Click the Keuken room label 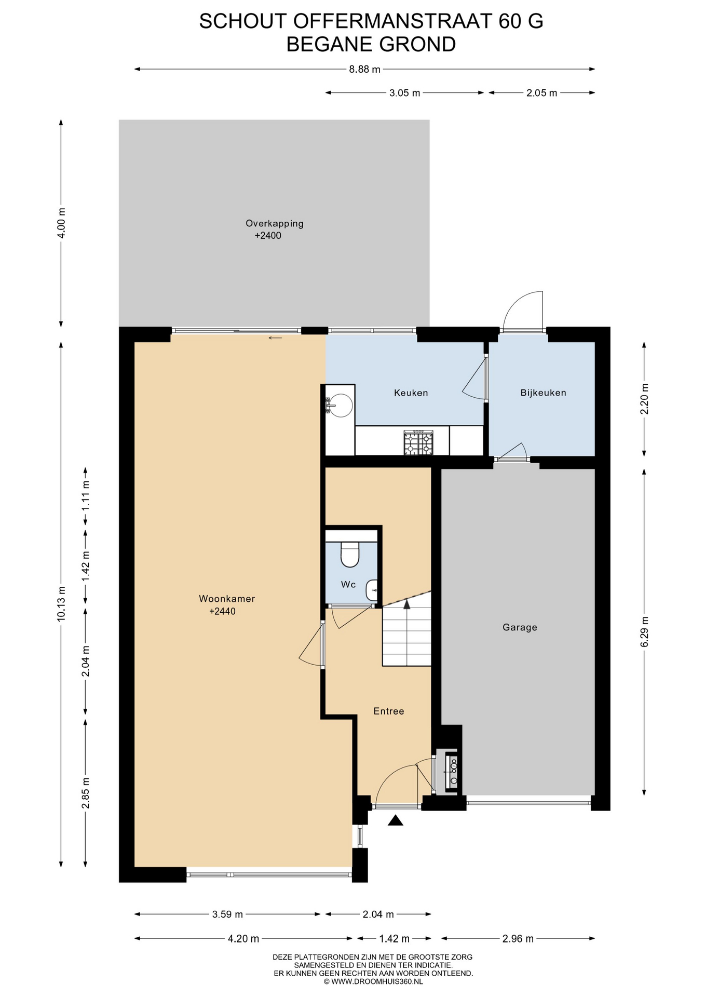411,393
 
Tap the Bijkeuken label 543,393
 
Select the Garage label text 520,627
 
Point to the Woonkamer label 227,599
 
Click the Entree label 389,711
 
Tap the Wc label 348,585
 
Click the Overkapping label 275,224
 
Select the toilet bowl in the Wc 350,555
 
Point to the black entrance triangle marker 396,820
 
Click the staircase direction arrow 406,604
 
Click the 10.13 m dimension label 62,604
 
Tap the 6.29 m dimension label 645,631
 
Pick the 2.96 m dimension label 518,939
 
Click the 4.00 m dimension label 62,223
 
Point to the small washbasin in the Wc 371,590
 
